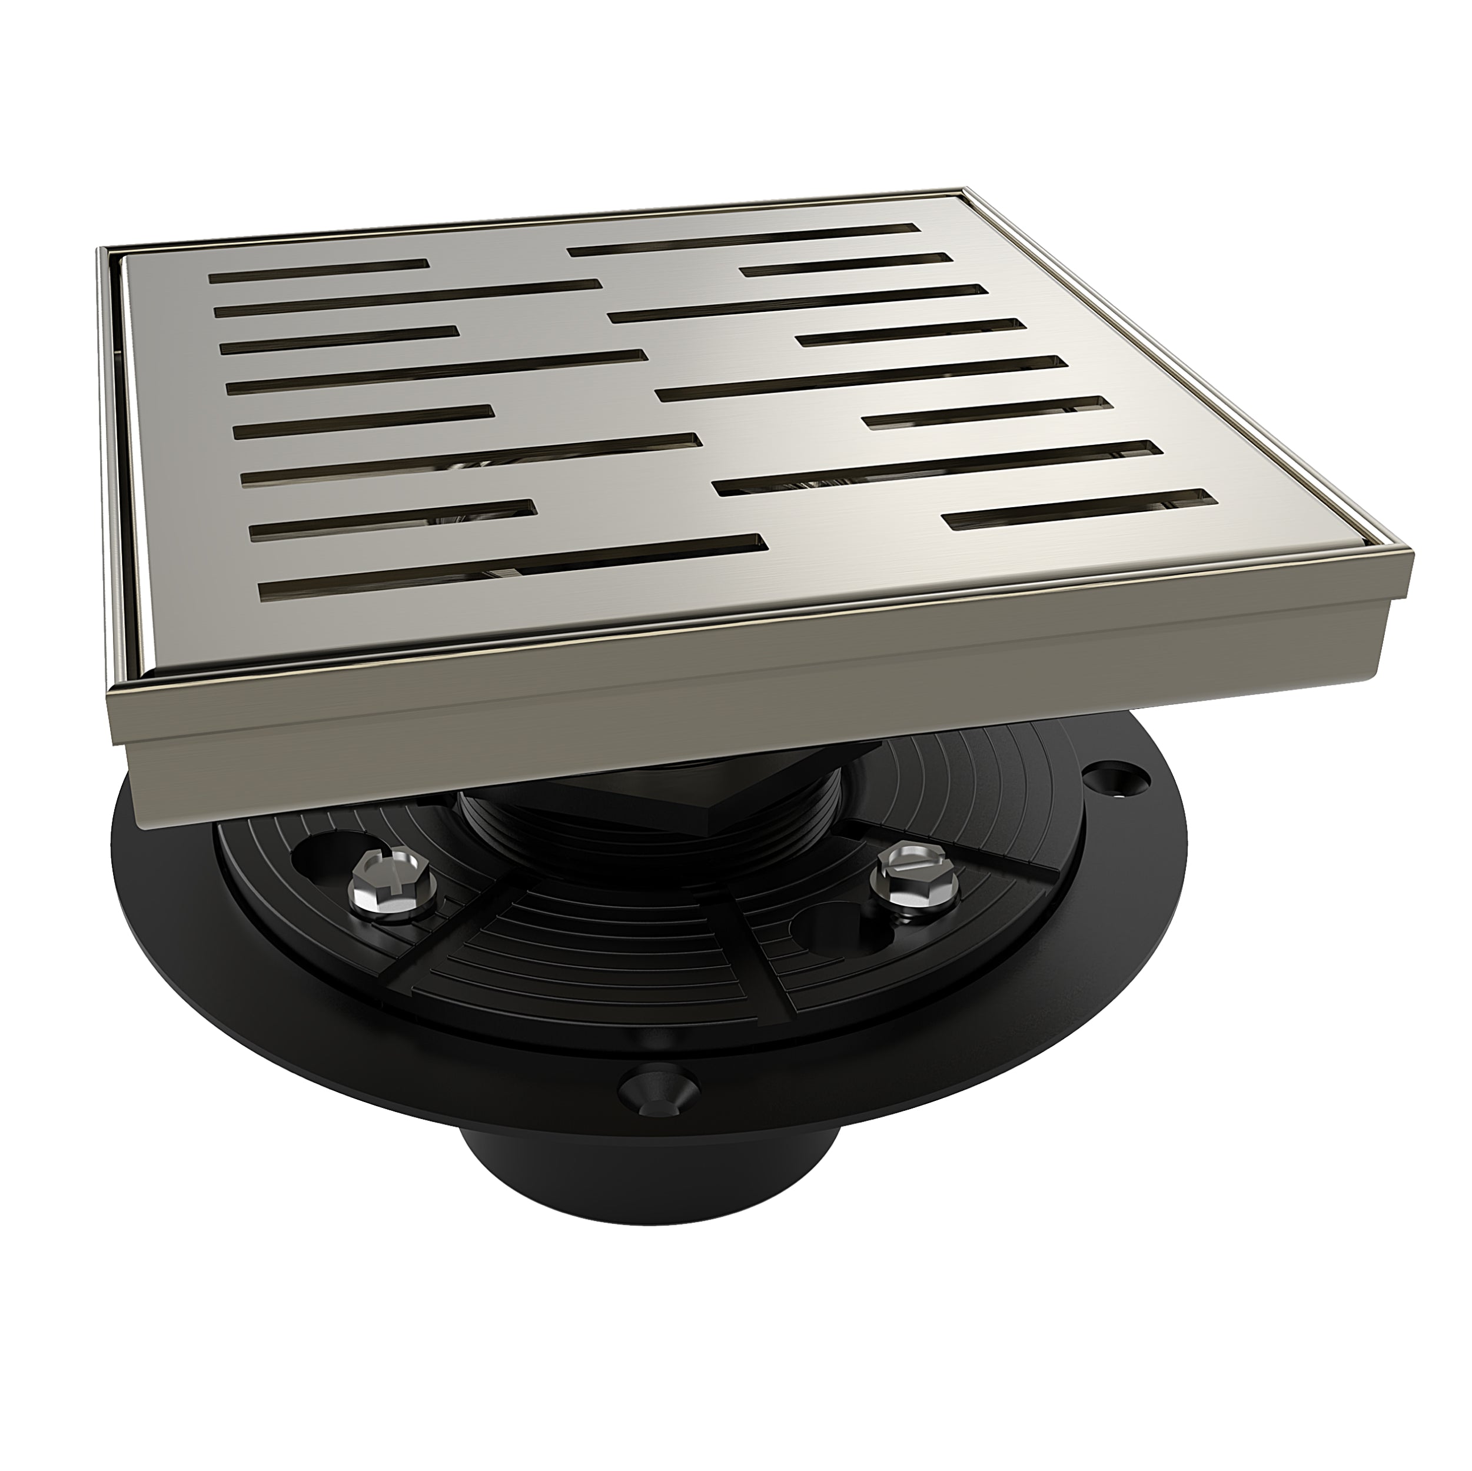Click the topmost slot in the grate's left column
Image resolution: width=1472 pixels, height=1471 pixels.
coord(318,271)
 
